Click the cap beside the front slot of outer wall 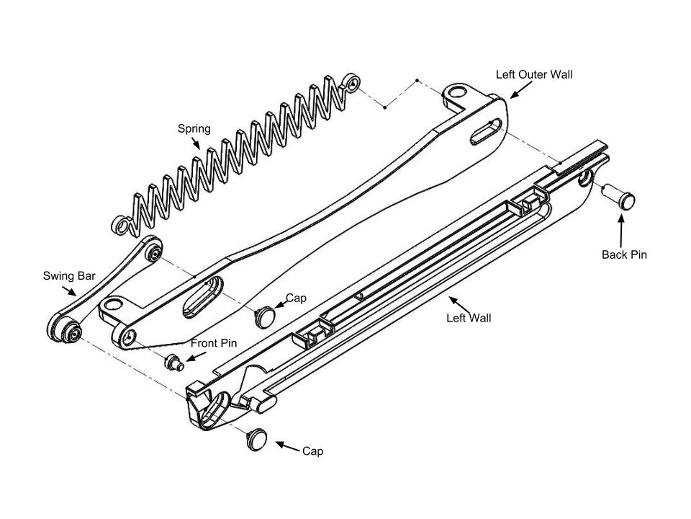pos(266,314)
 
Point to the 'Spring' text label pos(194,129)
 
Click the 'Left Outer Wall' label pos(534,74)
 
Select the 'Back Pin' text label pos(624,254)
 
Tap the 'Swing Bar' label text pos(69,275)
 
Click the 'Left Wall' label pos(469,318)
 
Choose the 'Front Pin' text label pos(214,343)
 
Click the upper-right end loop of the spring pos(353,82)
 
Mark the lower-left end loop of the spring pos(121,225)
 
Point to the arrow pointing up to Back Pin pos(621,231)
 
